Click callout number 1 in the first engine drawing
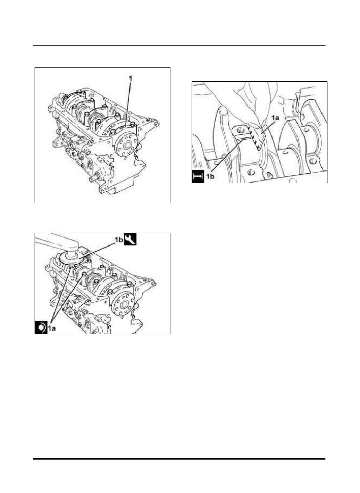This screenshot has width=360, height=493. coord(130,78)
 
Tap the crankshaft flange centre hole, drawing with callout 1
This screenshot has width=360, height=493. coord(127,145)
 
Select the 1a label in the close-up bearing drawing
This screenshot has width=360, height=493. coord(275,118)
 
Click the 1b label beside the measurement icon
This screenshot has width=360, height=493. coord(210,176)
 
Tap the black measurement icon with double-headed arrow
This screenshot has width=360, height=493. coord(198,176)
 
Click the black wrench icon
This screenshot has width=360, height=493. coord(130,239)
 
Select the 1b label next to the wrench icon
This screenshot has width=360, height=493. coord(119,240)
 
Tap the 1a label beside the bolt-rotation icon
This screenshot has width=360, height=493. coord(52,328)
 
